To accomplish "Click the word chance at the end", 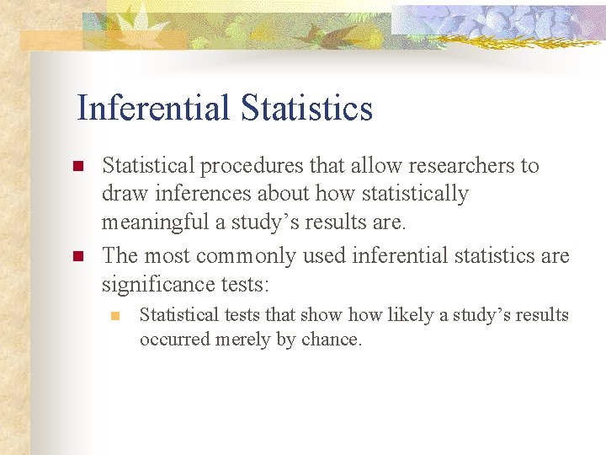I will pyautogui.click(x=332, y=340).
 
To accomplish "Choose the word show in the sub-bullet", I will pyautogui.click(x=312, y=315).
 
